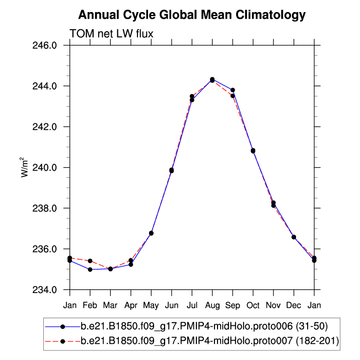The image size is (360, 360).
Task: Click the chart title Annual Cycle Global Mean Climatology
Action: (x=192, y=15)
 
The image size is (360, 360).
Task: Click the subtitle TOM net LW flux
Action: (x=111, y=34)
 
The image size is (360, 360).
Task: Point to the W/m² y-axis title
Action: (x=24, y=167)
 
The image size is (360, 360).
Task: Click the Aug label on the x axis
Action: (x=212, y=305)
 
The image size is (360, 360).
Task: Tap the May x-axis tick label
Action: (x=151, y=305)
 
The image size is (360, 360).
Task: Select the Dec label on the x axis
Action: (x=294, y=305)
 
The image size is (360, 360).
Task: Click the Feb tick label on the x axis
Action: (x=90, y=305)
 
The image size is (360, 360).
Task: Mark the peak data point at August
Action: (x=212, y=80)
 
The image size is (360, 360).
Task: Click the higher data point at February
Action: (x=90, y=261)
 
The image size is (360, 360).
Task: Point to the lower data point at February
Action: (x=90, y=269)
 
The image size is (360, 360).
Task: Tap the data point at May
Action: (x=151, y=233)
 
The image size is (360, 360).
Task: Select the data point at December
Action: (x=294, y=237)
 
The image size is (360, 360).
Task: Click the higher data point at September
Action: (x=233, y=90)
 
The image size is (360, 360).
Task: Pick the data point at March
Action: (x=110, y=269)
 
